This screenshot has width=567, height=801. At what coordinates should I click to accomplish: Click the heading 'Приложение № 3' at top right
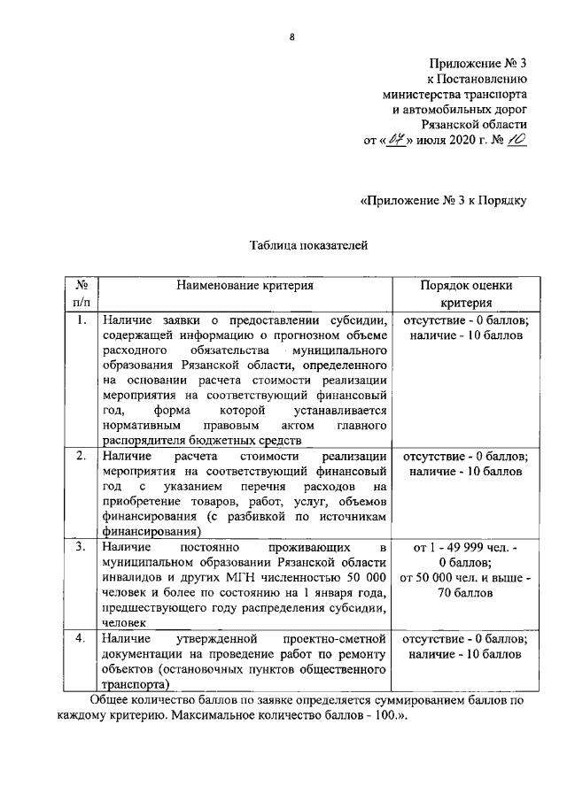478,64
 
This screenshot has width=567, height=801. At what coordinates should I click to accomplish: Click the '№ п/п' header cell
80,294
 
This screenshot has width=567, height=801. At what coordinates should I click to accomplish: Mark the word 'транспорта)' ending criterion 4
133,683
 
